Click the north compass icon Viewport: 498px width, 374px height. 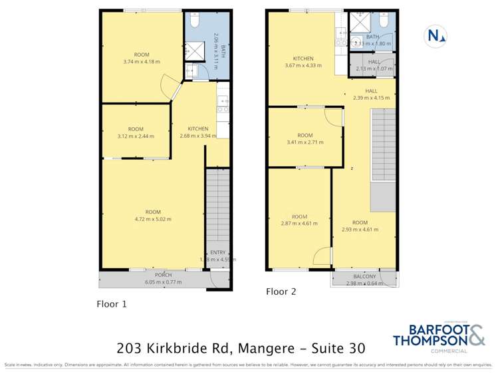[436, 35]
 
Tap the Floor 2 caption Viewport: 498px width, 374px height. [281, 291]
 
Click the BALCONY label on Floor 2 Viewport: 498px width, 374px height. [364, 276]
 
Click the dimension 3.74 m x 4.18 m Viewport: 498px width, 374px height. [142, 62]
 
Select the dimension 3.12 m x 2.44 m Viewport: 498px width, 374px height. [136, 136]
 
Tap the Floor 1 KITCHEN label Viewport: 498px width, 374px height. [198, 128]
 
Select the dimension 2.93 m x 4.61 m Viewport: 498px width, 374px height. [360, 230]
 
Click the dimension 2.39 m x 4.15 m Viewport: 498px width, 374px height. [371, 98]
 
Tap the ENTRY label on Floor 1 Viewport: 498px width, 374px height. [217, 252]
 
